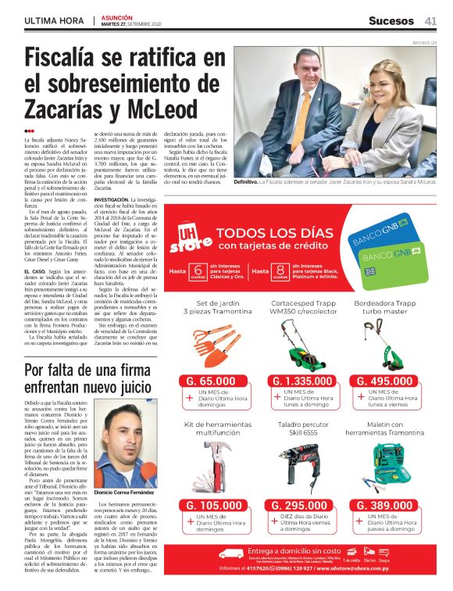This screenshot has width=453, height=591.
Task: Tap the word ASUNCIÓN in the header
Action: click(115, 16)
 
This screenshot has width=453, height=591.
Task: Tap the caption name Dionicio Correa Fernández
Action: click(127, 494)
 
